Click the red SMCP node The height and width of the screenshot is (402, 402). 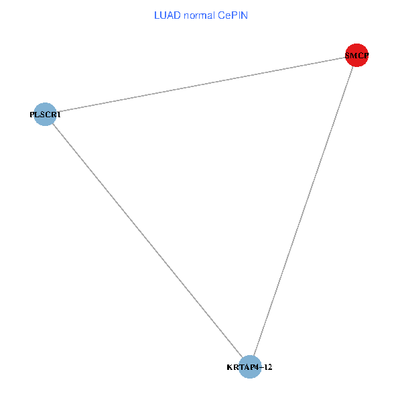click(x=356, y=56)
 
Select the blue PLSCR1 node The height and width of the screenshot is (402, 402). click(x=45, y=115)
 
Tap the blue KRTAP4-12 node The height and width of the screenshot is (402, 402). click(x=249, y=367)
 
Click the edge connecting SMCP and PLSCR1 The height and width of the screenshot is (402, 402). click(x=201, y=85)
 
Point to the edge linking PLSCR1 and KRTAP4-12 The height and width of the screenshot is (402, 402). click(x=147, y=241)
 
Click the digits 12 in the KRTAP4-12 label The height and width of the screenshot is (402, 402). click(x=267, y=367)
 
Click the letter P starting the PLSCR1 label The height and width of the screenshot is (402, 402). click(x=32, y=115)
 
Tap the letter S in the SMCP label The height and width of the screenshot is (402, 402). click(x=348, y=56)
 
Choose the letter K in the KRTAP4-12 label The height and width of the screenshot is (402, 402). click(x=230, y=367)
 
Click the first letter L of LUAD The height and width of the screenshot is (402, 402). click(x=157, y=15)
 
